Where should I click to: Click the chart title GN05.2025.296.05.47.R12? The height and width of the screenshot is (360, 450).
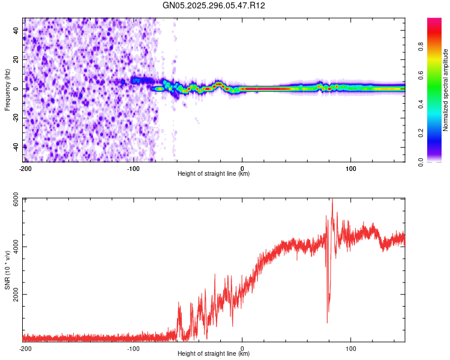214,6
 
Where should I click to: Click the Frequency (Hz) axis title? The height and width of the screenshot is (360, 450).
7,89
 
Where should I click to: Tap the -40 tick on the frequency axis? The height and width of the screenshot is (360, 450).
16,146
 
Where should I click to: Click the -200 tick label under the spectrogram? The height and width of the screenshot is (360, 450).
25,169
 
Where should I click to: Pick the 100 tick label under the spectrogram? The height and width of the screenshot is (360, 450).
351,169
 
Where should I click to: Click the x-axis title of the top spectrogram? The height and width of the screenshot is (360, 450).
214,175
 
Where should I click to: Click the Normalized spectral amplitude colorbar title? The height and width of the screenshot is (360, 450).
446,90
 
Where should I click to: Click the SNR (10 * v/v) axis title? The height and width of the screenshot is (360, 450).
8,269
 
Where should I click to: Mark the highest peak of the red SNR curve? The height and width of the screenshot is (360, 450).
332,200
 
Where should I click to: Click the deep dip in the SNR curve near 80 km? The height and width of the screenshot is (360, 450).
328,322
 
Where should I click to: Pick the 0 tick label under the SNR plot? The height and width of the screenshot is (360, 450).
242,349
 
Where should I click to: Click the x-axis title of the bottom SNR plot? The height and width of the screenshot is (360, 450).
214,355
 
